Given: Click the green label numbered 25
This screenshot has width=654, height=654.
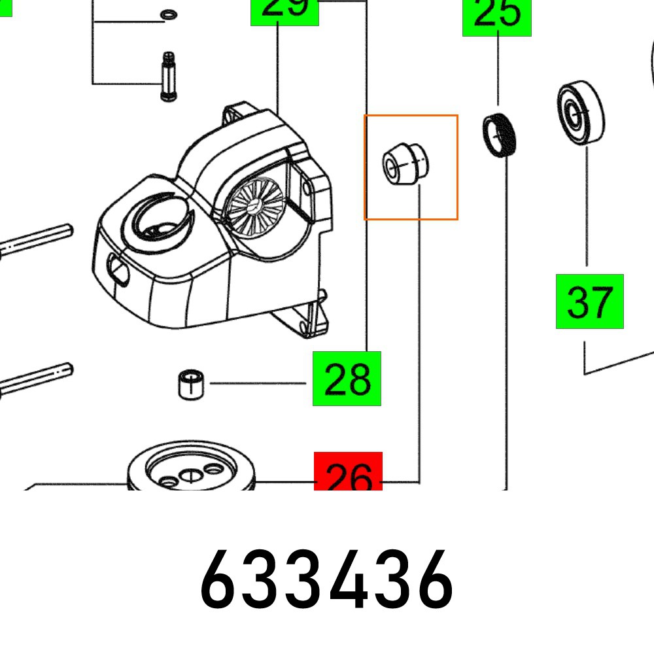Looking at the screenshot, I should (497, 17).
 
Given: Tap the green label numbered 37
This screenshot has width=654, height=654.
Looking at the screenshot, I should (589, 301).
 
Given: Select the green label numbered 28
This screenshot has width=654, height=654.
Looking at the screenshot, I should (347, 379).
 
